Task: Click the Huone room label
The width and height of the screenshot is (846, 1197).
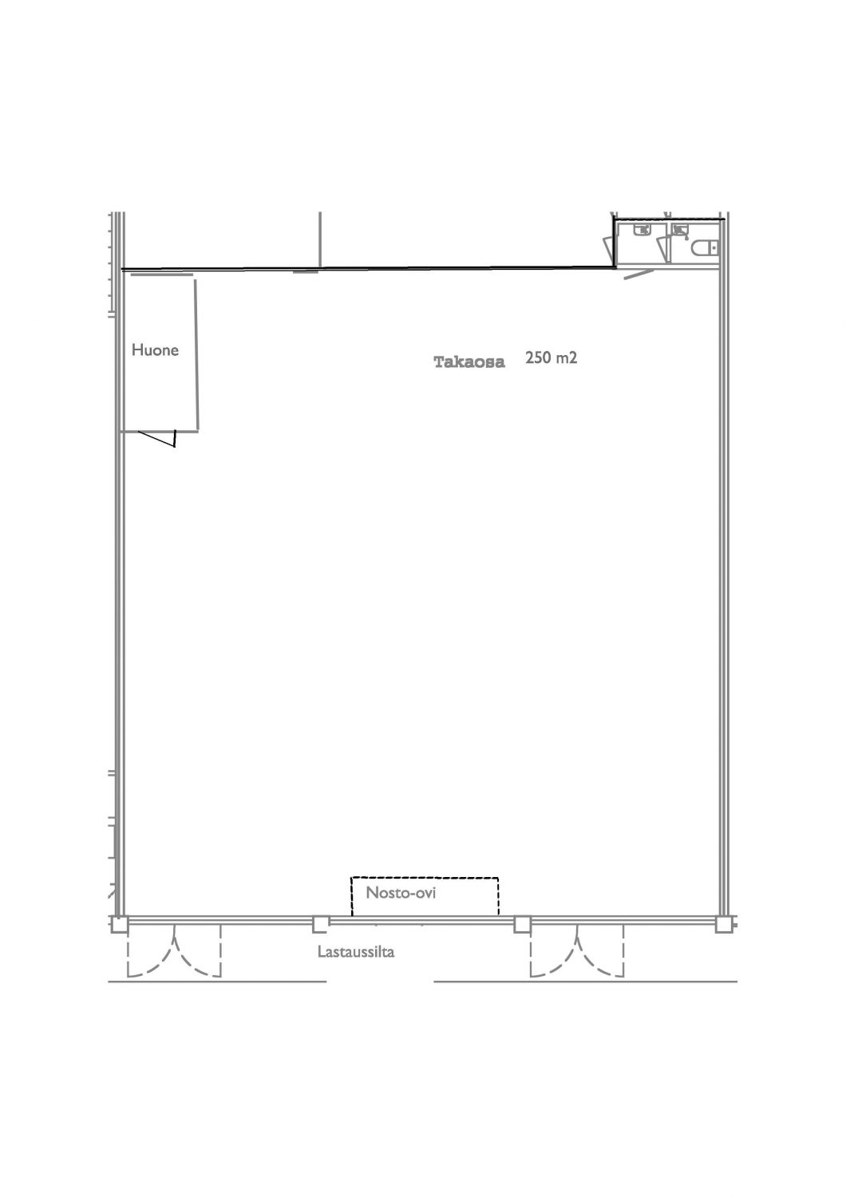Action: pyautogui.click(x=155, y=350)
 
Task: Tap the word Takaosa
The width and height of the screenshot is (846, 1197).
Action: pyautogui.click(x=468, y=362)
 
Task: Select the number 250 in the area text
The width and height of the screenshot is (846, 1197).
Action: pyautogui.click(x=538, y=358)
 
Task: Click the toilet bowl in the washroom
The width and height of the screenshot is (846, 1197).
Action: pyautogui.click(x=702, y=248)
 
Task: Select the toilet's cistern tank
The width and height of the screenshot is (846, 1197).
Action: pyautogui.click(x=715, y=248)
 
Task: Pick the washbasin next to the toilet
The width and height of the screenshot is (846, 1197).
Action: pyautogui.click(x=680, y=231)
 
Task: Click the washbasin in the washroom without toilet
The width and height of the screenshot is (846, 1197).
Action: pyautogui.click(x=642, y=231)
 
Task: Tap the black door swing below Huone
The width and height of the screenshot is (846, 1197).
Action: pyautogui.click(x=158, y=437)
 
